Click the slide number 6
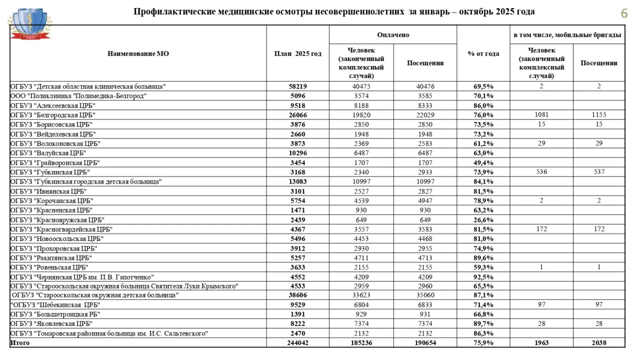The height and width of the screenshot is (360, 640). (624, 13)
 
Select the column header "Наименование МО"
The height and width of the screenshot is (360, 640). (138, 53)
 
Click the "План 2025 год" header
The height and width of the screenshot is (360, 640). (297, 53)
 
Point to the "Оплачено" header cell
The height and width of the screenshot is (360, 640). (392, 35)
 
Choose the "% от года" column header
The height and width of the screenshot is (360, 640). (483, 53)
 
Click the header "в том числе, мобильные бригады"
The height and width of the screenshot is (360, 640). (567, 35)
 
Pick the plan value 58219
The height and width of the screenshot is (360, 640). (297, 86)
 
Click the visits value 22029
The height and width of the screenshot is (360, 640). (425, 114)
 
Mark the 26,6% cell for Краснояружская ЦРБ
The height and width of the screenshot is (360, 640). (483, 219)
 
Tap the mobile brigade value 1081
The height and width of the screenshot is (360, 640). (541, 114)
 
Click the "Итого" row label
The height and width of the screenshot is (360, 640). (20, 342)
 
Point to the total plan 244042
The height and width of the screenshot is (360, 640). (297, 342)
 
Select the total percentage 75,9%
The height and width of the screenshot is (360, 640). (483, 342)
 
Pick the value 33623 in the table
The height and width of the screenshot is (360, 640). (361, 295)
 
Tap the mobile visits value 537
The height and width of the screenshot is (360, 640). (598, 172)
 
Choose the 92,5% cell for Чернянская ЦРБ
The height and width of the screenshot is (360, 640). (483, 276)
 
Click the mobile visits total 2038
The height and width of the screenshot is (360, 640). (598, 342)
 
